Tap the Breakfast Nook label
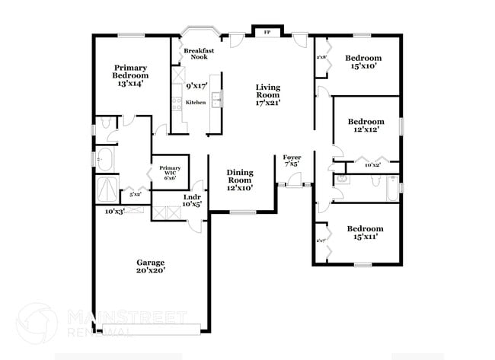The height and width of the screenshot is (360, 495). [200, 53]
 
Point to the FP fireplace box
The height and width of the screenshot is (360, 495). [267, 33]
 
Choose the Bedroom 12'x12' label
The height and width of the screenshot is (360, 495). [366, 125]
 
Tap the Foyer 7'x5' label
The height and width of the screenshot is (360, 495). [292, 161]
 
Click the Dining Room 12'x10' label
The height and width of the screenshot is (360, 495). [240, 180]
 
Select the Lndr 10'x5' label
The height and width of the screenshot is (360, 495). [192, 201]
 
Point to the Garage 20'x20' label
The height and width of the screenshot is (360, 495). [150, 266]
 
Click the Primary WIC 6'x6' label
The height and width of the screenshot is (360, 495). [169, 172]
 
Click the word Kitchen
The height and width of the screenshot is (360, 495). [196, 102]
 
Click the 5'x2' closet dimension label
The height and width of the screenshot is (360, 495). [136, 194]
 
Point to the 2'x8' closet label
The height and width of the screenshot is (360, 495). [321, 57]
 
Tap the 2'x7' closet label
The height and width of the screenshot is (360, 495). [321, 241]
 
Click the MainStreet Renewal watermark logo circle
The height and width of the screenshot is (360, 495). [37, 323]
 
